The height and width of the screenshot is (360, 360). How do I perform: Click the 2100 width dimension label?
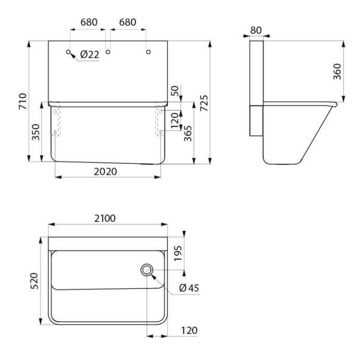coord(105,218)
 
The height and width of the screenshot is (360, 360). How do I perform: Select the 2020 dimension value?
coord(105,172)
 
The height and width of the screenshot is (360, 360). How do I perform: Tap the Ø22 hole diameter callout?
coord(90,55)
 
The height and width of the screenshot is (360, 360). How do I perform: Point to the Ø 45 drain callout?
coord(189,288)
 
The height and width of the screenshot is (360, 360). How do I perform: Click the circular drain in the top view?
coord(147,270)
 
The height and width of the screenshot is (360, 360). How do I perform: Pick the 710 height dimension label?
coord(23,101)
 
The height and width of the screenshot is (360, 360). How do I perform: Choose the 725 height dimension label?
coord(204,103)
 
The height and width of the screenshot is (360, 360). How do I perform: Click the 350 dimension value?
coord(35,132)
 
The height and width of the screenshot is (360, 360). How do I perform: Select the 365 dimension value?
coord(188,134)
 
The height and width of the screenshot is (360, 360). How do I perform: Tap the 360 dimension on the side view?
coord(337,71)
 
